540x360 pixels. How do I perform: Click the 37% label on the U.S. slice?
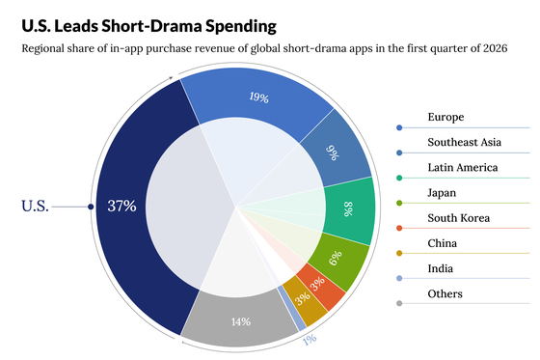pos(121,206)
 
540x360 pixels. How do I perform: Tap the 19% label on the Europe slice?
pos(259,97)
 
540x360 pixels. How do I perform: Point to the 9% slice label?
pos(333,152)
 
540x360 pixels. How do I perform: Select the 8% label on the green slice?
pos(348,209)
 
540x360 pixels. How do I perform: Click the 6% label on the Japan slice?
pos(336,258)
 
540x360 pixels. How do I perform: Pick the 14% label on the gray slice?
pos(241,321)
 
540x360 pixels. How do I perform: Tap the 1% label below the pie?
pos(310,340)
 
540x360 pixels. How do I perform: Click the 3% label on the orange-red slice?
pos(317,284)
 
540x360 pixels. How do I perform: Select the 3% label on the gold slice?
pos(303,298)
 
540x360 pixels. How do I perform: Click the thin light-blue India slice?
pos(292,308)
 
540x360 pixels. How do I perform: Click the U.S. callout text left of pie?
pos(35,207)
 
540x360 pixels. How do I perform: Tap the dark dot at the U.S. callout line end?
pos(91,207)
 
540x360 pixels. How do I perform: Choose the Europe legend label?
pos(445,117)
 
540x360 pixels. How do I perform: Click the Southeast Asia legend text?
pos(464,142)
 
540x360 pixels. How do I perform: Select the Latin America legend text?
pos(463,167)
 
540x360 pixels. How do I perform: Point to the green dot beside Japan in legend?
pos(399,203)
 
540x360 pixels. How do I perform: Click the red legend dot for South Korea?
pos(399,229)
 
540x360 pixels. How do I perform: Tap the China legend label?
pos(443,243)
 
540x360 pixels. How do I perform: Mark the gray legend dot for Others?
pos(399,303)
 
